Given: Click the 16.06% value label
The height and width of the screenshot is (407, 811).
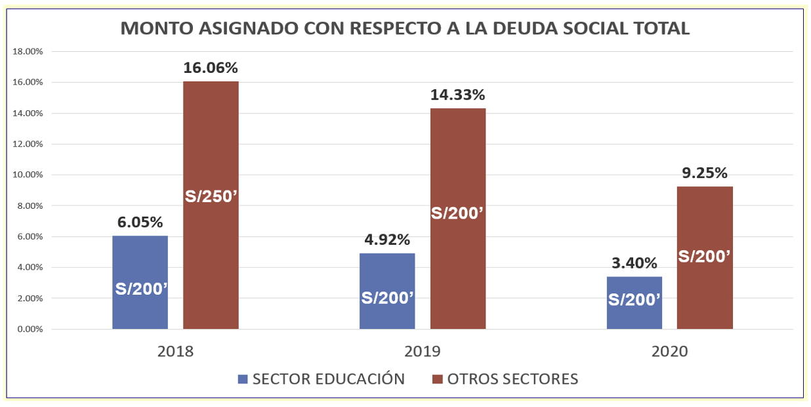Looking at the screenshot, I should pos(211,68).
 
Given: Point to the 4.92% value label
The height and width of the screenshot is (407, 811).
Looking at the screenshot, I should pos(387,240).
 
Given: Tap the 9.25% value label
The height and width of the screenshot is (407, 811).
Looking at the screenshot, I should pos(705,173).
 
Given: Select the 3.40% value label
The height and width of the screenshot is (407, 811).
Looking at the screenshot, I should pos(634,263).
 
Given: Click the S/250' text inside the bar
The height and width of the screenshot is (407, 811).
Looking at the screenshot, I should pos(211,196).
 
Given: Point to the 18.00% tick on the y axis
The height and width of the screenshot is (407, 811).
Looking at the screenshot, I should pos(28,51).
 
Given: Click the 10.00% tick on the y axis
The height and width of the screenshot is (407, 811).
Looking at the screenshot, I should pos(28,175).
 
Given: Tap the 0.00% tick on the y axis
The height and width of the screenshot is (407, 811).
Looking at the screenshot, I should pos(30,329).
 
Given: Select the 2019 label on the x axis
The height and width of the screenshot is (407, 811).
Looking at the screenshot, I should pos(423,351).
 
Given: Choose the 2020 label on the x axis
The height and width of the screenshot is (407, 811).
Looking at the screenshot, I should pos(669,351).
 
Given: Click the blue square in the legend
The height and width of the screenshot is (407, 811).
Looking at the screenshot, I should pos(243,379).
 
